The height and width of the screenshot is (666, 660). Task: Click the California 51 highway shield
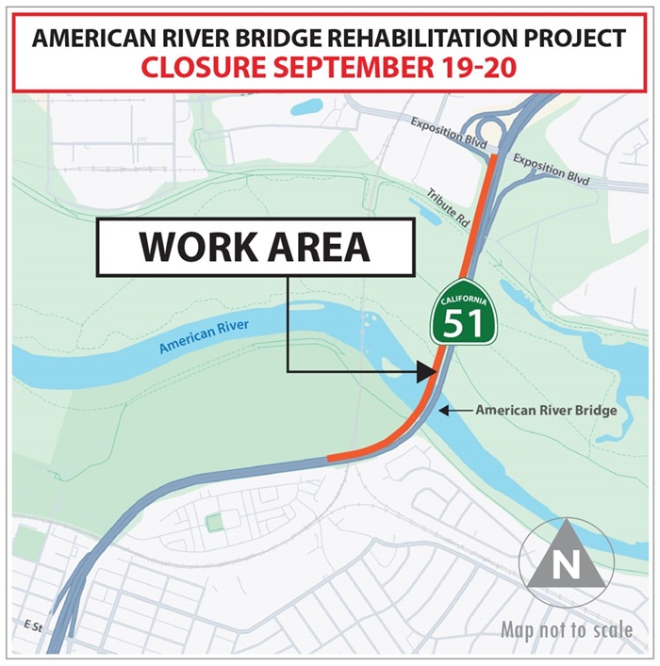tap(462, 317)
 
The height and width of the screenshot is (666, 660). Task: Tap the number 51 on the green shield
tap(462, 324)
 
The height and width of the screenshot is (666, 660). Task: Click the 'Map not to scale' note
tap(567, 629)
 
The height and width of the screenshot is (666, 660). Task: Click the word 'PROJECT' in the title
tap(575, 39)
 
